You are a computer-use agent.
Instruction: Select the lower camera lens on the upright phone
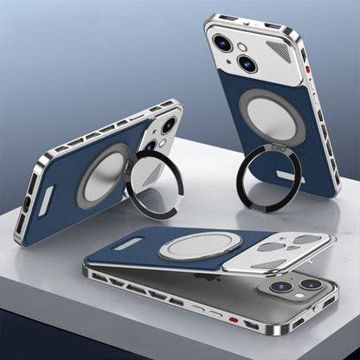tap(246, 62)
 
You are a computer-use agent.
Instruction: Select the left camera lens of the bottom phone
tap(281, 286)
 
